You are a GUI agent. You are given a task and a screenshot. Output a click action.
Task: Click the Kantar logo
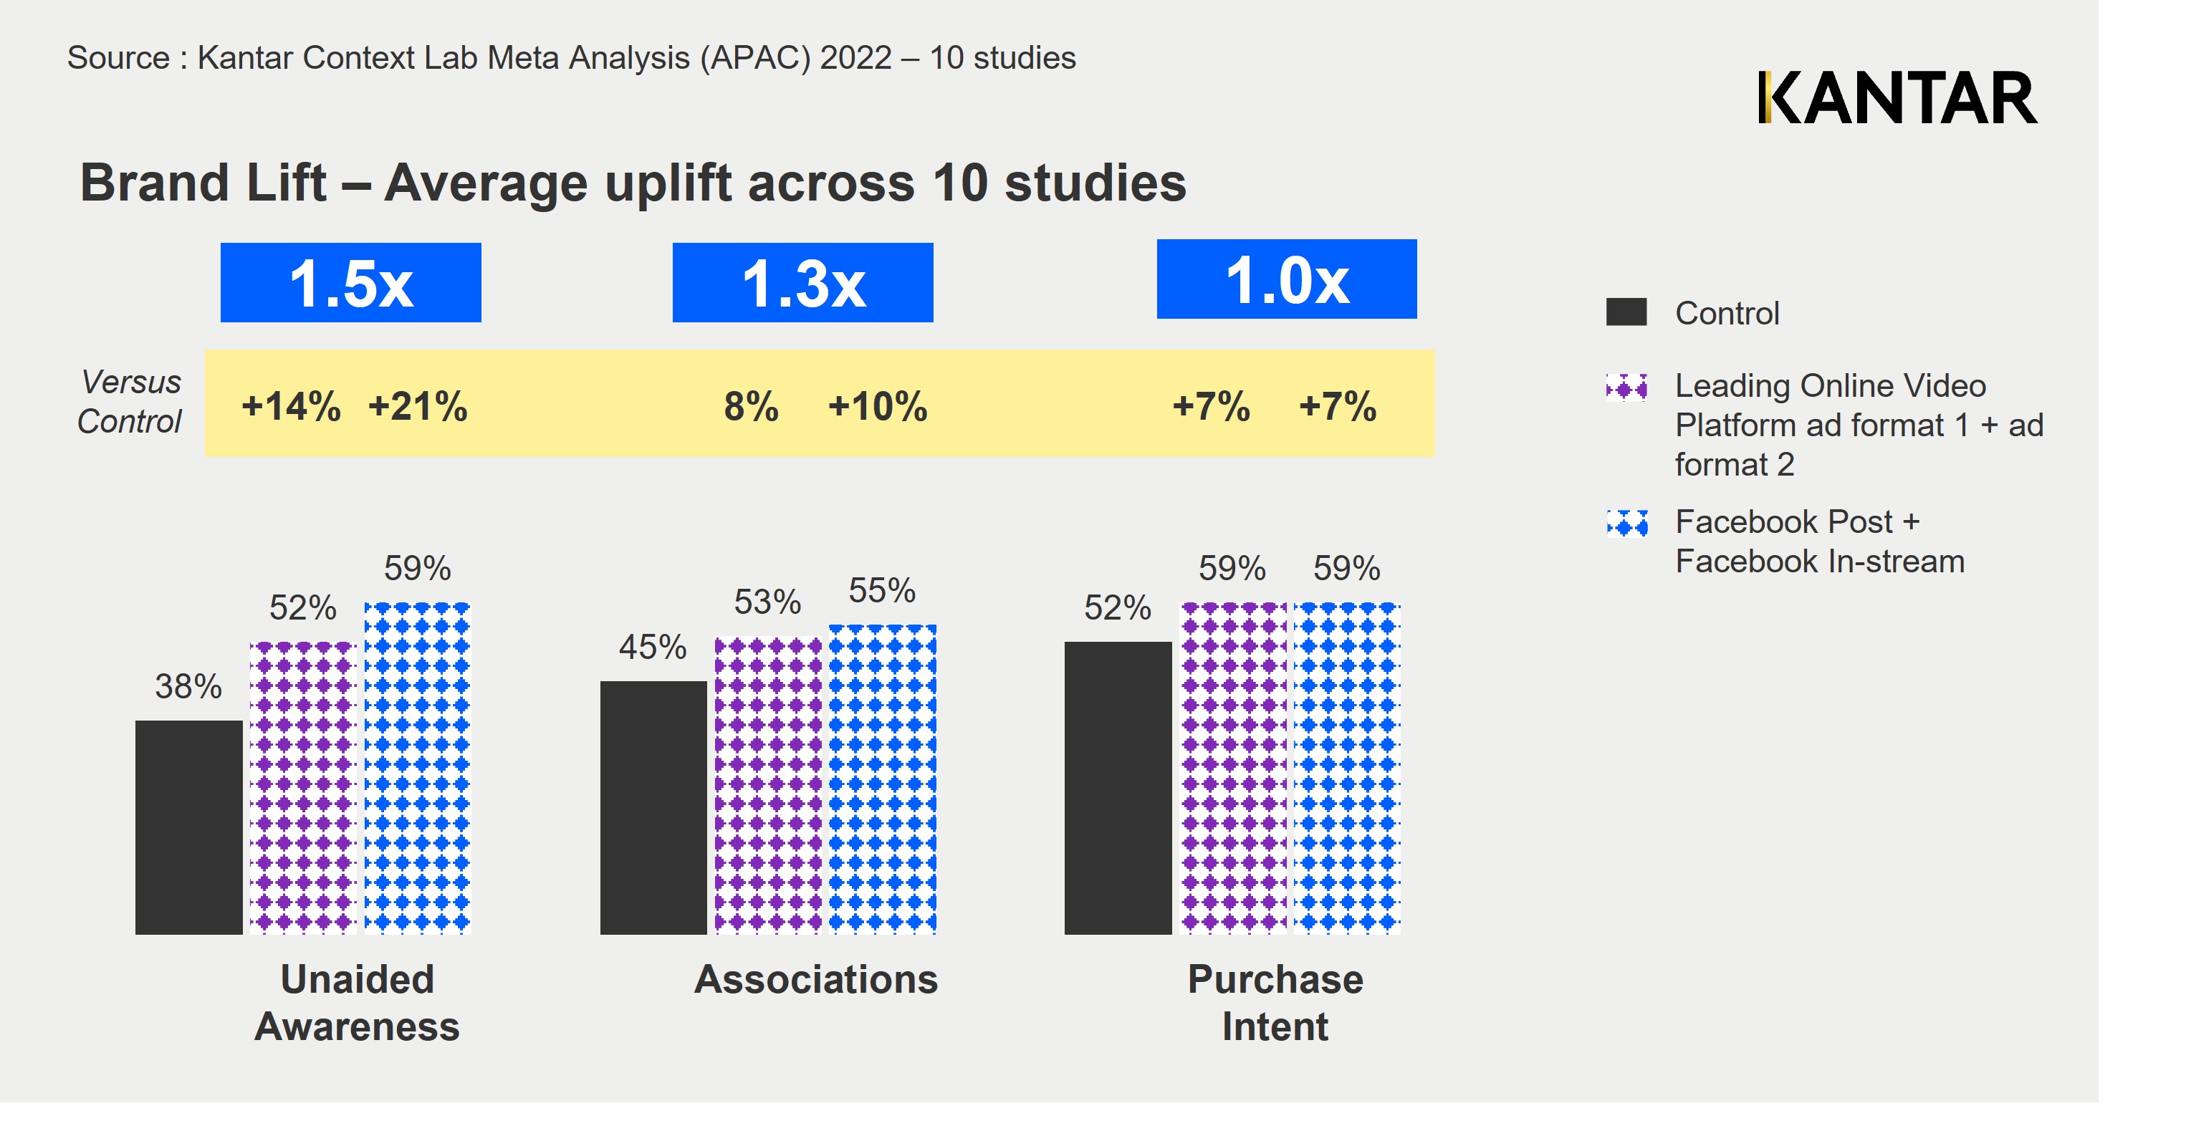(x=1897, y=98)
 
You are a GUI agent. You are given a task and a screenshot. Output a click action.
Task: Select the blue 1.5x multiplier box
(x=350, y=283)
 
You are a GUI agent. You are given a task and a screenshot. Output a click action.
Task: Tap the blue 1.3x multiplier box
(x=802, y=283)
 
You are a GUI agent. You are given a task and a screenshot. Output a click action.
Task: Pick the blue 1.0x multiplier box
(x=1286, y=279)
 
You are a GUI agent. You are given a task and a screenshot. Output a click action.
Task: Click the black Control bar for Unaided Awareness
(x=188, y=827)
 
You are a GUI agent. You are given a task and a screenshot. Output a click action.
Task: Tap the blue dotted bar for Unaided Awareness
(x=418, y=768)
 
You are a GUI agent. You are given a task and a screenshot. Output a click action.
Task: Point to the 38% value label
(x=188, y=686)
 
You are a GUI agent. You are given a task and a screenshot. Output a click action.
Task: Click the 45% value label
(x=652, y=647)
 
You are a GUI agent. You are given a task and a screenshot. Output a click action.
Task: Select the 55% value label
(x=881, y=589)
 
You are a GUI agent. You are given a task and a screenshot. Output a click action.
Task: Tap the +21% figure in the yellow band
(x=418, y=407)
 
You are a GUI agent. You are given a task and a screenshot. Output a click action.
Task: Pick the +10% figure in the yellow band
(x=877, y=407)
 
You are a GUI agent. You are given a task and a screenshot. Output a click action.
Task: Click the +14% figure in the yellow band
(x=291, y=407)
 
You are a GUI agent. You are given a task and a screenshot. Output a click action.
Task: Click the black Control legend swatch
(x=1626, y=312)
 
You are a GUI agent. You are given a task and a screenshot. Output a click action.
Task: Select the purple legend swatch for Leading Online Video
(x=1626, y=388)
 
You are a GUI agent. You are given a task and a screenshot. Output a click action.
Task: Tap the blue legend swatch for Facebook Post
(x=1626, y=522)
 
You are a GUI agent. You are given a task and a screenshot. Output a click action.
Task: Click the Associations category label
(x=816, y=979)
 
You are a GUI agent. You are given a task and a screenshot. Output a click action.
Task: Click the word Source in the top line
(x=118, y=58)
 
